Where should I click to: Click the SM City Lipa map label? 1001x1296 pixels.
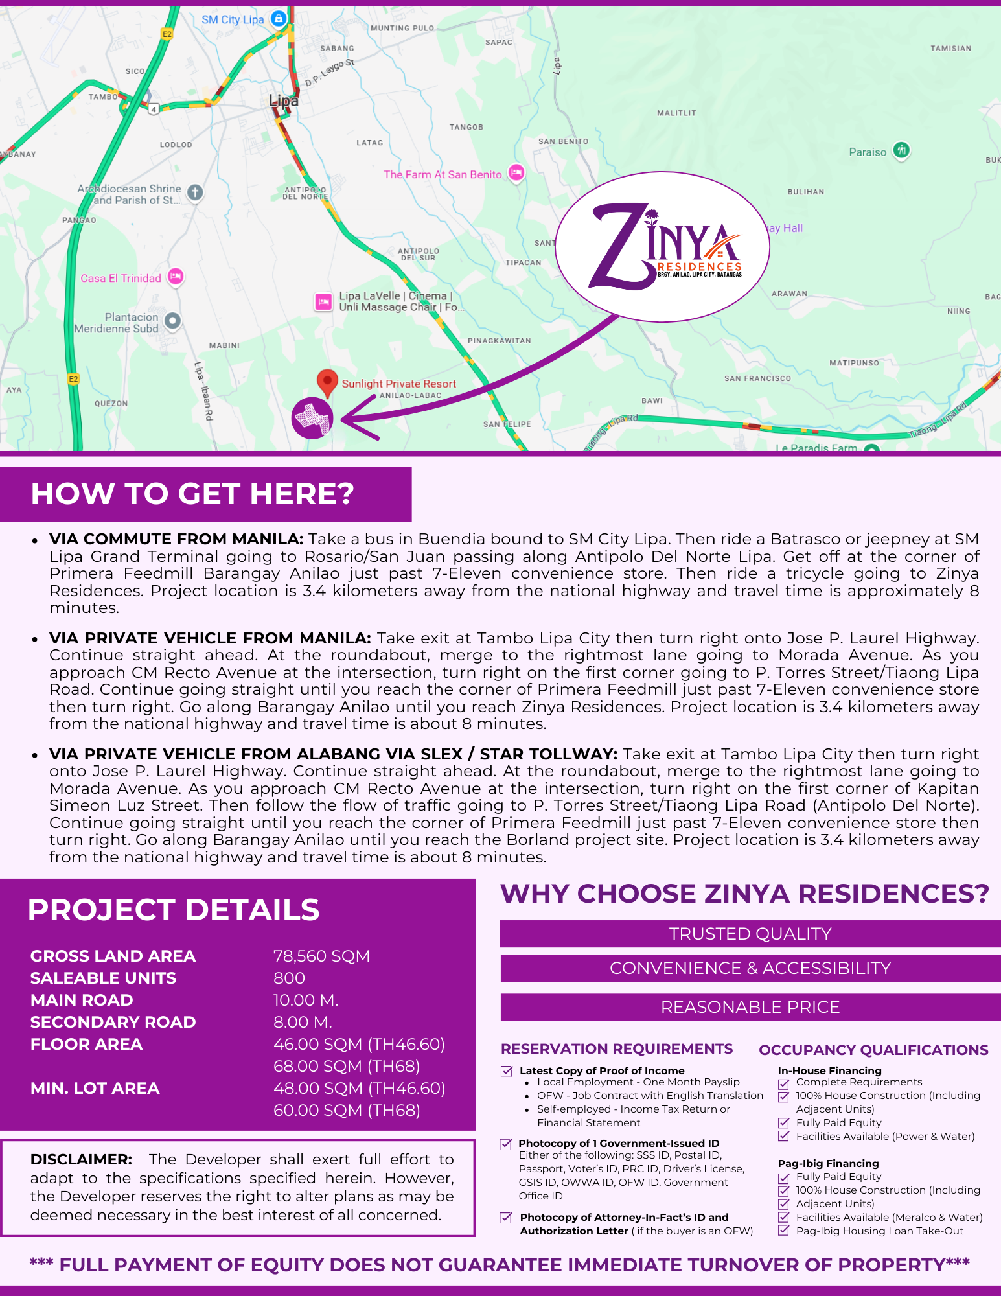click(x=233, y=19)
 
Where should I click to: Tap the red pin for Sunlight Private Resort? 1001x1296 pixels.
click(x=327, y=382)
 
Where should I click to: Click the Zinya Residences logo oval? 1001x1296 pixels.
click(x=662, y=247)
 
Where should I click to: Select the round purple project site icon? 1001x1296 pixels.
click(x=312, y=418)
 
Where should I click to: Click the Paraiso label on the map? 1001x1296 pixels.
click(x=868, y=152)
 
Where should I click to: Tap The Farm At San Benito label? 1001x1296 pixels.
click(x=443, y=174)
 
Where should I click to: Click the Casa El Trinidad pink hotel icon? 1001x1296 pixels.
click(x=176, y=277)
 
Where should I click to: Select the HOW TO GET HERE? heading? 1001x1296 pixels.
click(x=192, y=494)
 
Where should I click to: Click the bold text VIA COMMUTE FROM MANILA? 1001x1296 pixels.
click(x=176, y=539)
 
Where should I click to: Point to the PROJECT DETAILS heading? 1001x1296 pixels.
click(x=174, y=910)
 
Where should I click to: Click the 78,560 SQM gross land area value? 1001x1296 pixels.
click(x=321, y=956)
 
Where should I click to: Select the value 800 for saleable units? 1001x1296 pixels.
click(x=289, y=978)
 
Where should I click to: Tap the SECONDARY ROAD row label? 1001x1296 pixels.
click(x=113, y=1023)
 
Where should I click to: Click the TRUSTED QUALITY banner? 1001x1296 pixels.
click(x=750, y=934)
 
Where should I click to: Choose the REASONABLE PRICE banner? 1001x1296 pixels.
click(x=750, y=1007)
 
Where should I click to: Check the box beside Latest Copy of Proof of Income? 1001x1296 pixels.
click(x=507, y=1071)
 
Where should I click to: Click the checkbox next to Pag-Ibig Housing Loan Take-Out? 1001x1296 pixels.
click(x=784, y=1231)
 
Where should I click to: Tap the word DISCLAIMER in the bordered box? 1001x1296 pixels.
click(x=81, y=1159)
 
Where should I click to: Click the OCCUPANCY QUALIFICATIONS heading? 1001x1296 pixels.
click(x=873, y=1050)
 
